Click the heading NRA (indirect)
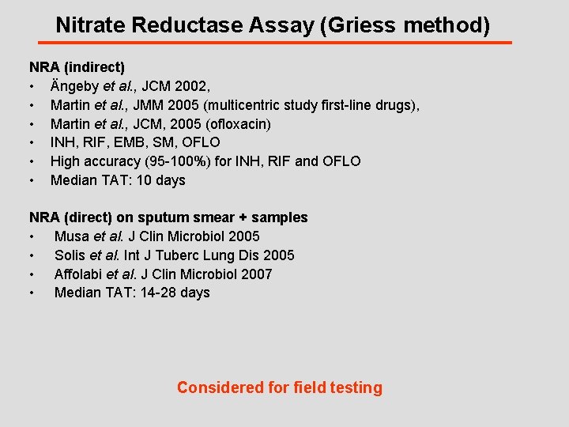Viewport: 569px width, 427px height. pos(77,68)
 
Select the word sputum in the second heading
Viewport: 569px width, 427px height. pos(162,217)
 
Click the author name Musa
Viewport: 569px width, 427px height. pos(72,236)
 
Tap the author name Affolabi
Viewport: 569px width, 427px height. pos(79,274)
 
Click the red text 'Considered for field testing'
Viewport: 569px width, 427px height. pos(279,387)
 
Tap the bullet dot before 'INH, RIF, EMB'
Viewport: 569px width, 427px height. pos(32,143)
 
